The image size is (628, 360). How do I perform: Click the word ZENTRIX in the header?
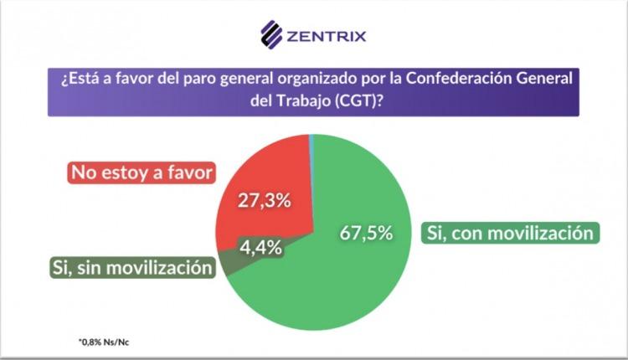pos(326,36)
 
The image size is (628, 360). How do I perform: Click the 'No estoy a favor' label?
pos(142,172)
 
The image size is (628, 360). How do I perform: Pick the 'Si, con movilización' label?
pos(512,233)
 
